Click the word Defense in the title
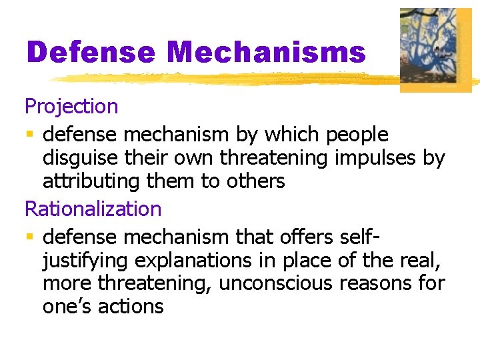(91, 53)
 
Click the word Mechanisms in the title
(267, 53)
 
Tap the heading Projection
(71, 106)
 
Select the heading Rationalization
(93, 209)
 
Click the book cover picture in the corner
(435, 49)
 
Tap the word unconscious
(275, 283)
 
